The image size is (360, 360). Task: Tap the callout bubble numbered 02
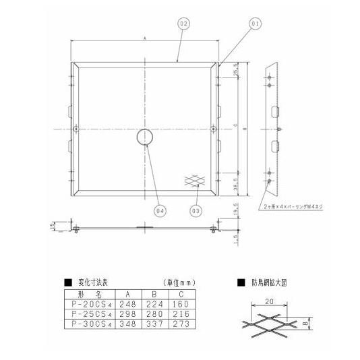coord(183,24)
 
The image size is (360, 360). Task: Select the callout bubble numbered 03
coord(195,210)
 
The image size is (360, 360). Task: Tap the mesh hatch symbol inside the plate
coord(195,180)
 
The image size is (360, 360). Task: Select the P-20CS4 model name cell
coord(88,303)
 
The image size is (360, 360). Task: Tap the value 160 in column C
coord(182,303)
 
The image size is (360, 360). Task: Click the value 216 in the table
coord(182,313)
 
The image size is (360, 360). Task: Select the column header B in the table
coord(155,294)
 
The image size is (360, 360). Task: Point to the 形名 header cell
coord(88,294)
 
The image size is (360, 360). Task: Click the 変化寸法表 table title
coord(92,282)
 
